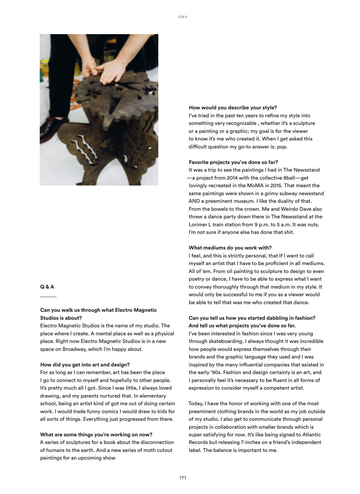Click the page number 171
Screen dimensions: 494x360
pyautogui.click(x=183, y=478)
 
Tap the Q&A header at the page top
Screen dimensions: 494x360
pyautogui.click(x=183, y=17)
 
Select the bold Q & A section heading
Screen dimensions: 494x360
pyautogui.click(x=47, y=287)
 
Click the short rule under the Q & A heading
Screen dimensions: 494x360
pyautogui.click(x=48, y=297)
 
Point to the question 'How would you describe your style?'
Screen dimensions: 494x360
pyautogui.click(x=233, y=108)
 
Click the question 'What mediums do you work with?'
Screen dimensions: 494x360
pyautogui.click(x=230, y=248)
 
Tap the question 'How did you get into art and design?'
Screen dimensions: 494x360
pyautogui.click(x=85, y=365)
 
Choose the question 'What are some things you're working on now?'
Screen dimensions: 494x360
pyautogui.click(x=96, y=435)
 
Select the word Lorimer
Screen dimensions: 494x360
pyautogui.click(x=198, y=224)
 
